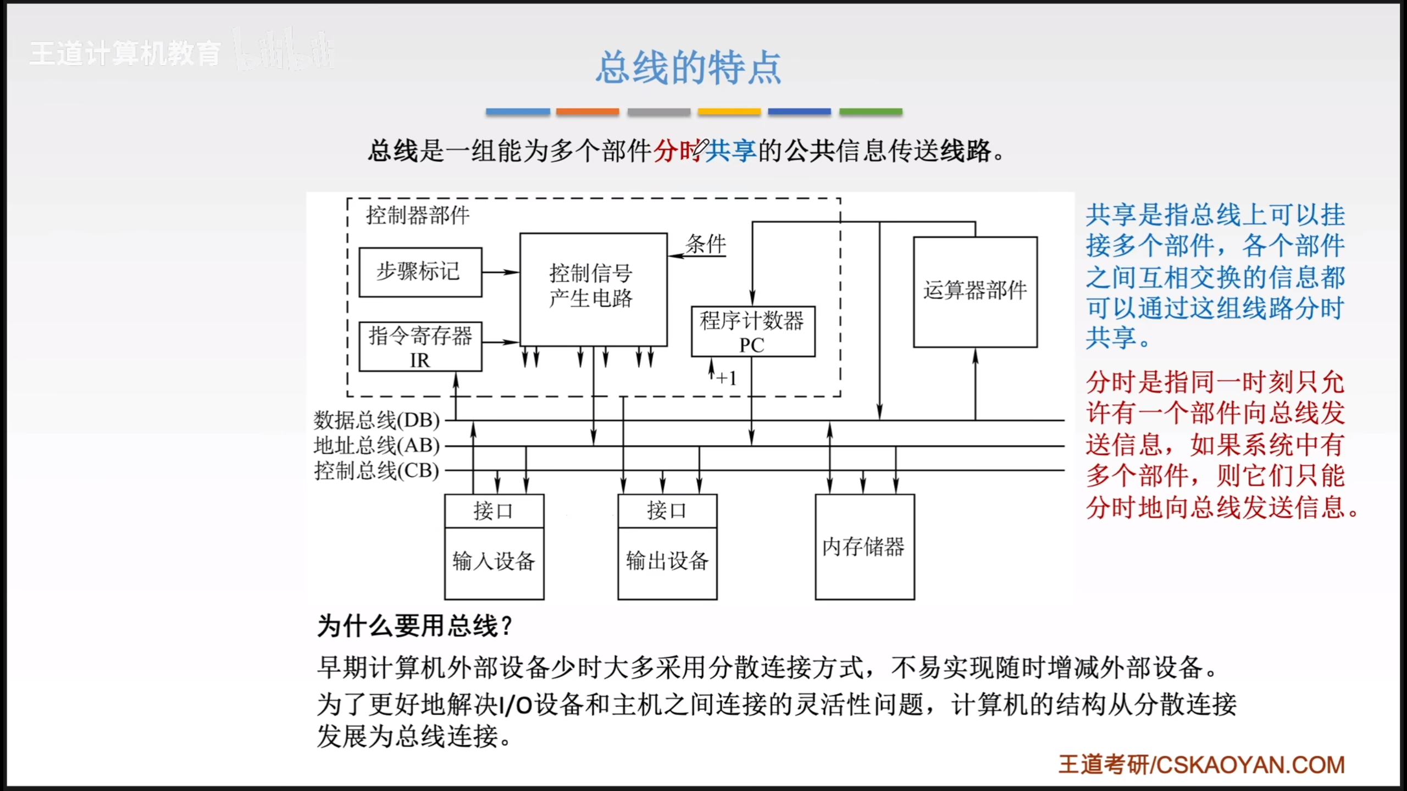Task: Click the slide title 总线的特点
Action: (x=688, y=68)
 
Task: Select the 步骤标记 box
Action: (x=420, y=272)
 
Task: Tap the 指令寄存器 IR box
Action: (x=420, y=347)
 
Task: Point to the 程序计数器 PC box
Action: (x=752, y=331)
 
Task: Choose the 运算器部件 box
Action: (x=974, y=291)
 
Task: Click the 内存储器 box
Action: (x=864, y=547)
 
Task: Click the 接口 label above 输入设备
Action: (x=494, y=511)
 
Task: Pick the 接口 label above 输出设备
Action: (x=667, y=511)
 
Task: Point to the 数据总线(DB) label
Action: (x=376, y=420)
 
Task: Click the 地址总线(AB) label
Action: (x=376, y=445)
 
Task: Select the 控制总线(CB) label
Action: (x=376, y=471)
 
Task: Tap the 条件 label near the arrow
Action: (x=706, y=244)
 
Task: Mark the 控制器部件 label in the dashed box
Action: (x=418, y=215)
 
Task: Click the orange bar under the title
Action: (x=587, y=112)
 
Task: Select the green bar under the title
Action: (x=871, y=112)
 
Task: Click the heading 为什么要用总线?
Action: (x=415, y=626)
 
